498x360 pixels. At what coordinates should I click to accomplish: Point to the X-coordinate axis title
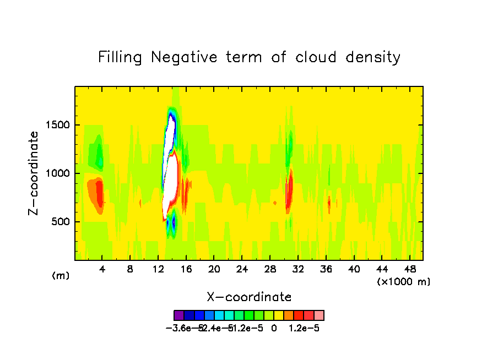coord(249,297)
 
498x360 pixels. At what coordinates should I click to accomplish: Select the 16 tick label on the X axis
coord(186,270)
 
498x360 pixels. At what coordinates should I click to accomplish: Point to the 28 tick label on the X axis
coord(270,270)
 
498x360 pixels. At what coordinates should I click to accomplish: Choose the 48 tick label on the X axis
coord(410,270)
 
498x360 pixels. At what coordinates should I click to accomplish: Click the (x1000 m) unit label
coord(404,282)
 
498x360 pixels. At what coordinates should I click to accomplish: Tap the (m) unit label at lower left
coord(61,276)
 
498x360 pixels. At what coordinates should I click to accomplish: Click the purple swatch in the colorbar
coord(178,315)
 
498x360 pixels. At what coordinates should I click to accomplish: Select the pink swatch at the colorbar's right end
coord(319,315)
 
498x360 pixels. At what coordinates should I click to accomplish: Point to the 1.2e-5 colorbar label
coord(305,328)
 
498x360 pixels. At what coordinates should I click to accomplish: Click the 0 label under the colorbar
coord(274,328)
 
